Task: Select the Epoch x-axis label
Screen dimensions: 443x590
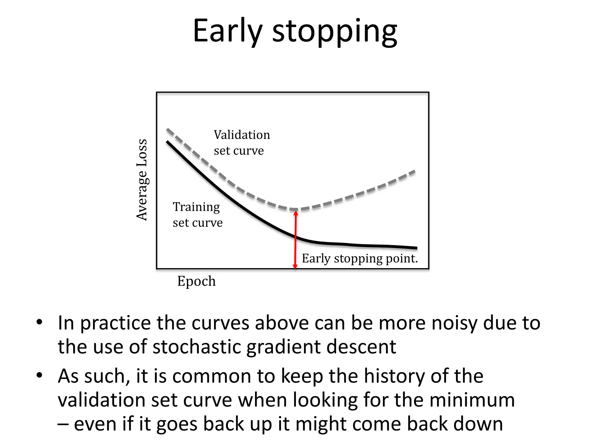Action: (x=196, y=281)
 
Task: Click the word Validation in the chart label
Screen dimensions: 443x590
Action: (x=242, y=135)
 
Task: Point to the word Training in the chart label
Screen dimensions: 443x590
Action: (x=196, y=207)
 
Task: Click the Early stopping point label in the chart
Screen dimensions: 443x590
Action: (x=360, y=258)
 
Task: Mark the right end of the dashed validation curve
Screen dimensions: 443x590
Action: (x=414, y=172)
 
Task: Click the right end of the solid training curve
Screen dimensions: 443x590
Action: (x=416, y=248)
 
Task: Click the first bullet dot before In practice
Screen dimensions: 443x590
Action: (x=39, y=322)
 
